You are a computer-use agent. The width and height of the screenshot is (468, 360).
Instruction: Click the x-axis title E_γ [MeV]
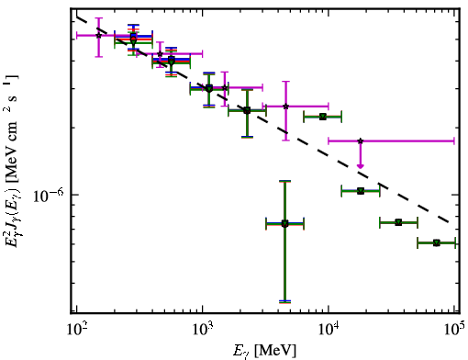264,351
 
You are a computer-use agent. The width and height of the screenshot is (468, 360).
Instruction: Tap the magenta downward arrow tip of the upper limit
361,167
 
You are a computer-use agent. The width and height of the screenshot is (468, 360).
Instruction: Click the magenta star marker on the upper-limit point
361,141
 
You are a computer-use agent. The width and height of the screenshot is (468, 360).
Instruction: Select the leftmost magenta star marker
98,36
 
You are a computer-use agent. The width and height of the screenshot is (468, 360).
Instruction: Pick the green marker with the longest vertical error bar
284,224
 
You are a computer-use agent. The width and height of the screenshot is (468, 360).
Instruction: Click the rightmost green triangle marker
437,243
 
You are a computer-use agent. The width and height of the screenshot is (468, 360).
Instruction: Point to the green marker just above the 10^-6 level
361,191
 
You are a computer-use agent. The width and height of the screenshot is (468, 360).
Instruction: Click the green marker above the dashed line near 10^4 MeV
323,117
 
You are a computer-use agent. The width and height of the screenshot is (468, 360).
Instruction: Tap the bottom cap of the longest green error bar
284,302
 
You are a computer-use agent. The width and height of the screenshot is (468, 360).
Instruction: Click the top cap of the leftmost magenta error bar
98,18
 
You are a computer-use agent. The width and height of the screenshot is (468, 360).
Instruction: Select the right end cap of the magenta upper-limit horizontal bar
454,141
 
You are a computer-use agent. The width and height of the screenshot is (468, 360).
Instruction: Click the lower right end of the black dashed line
449,222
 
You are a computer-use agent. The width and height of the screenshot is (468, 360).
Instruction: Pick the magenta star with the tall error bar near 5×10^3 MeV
286,107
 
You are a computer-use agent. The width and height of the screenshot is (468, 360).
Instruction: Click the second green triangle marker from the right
398,222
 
